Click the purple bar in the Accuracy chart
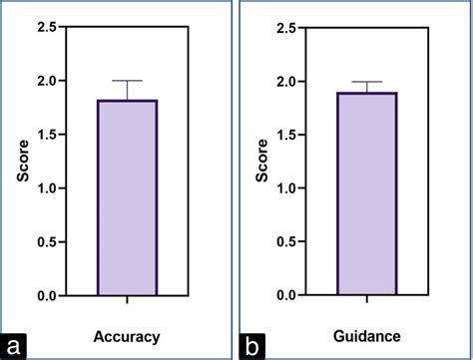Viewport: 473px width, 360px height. (127, 197)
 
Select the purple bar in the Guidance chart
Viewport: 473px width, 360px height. (366, 194)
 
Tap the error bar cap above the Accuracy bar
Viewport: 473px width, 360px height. (127, 81)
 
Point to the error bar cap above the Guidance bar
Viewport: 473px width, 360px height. (366, 82)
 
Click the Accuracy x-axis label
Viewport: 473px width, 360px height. (126, 336)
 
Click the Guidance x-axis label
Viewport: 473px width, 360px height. (366, 336)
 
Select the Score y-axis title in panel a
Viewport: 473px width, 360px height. (21, 161)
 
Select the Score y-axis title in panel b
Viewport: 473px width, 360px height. (261, 161)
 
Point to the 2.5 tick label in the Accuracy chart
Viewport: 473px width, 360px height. (47, 27)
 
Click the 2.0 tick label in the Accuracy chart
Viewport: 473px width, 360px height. (47, 81)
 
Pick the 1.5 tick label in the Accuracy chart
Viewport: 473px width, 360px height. (47, 135)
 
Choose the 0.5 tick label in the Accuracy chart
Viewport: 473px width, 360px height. (47, 242)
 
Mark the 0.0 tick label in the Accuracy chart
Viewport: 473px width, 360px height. (47, 296)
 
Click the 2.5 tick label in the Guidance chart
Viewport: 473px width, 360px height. (287, 27)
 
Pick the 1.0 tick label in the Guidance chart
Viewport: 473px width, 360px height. (287, 188)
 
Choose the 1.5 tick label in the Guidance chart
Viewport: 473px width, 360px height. (287, 135)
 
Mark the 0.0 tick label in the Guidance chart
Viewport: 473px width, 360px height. (287, 296)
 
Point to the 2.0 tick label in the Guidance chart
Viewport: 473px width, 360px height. (287, 81)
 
